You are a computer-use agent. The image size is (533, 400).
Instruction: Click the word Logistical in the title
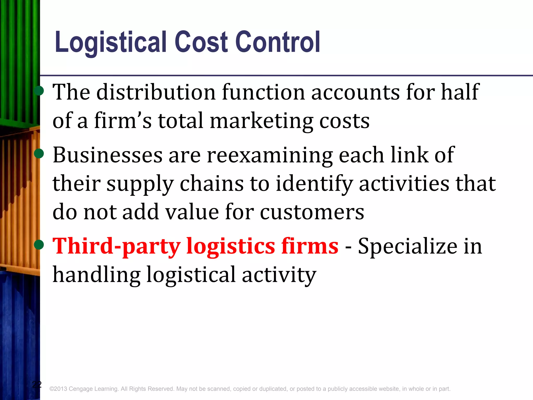pyautogui.click(x=111, y=42)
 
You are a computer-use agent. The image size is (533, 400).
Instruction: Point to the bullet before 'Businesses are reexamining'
pyautogui.click(x=39, y=154)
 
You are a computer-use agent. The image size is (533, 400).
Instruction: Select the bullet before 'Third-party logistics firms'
pyautogui.click(x=39, y=245)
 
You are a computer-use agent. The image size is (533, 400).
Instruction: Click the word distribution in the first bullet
pyautogui.click(x=156, y=92)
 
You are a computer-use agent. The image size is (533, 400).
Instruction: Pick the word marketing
pyautogui.click(x=261, y=121)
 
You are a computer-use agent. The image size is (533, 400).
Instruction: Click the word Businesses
pyautogui.click(x=107, y=155)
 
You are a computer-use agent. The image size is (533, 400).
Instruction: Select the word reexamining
pyautogui.click(x=270, y=156)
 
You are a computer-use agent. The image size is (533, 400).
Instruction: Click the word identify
pyautogui.click(x=314, y=184)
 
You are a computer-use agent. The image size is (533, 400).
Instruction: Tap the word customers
pyautogui.click(x=312, y=212)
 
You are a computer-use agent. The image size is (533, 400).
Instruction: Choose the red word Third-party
pyautogui.click(x=116, y=246)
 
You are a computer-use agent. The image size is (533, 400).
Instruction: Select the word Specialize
pyautogui.click(x=407, y=246)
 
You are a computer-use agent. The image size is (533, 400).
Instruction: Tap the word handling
pyautogui.click(x=96, y=275)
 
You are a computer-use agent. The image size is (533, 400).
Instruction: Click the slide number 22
pyautogui.click(x=37, y=384)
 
